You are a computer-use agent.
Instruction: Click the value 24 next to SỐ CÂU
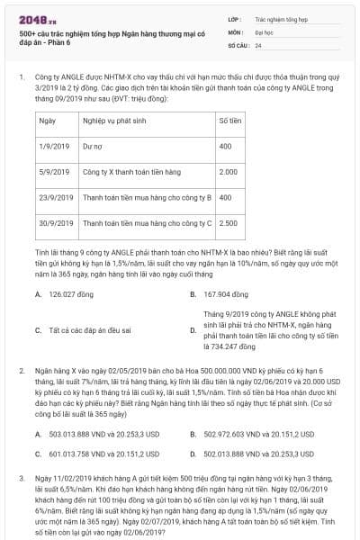[x=259, y=44]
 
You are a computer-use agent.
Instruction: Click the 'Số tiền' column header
[x=229, y=120]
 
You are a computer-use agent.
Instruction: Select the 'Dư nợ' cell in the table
[x=94, y=145]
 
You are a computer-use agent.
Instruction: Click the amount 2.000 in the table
[x=229, y=170]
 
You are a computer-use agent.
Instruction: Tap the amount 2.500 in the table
[x=229, y=221]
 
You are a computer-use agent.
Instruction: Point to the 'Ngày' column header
[x=49, y=120]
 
